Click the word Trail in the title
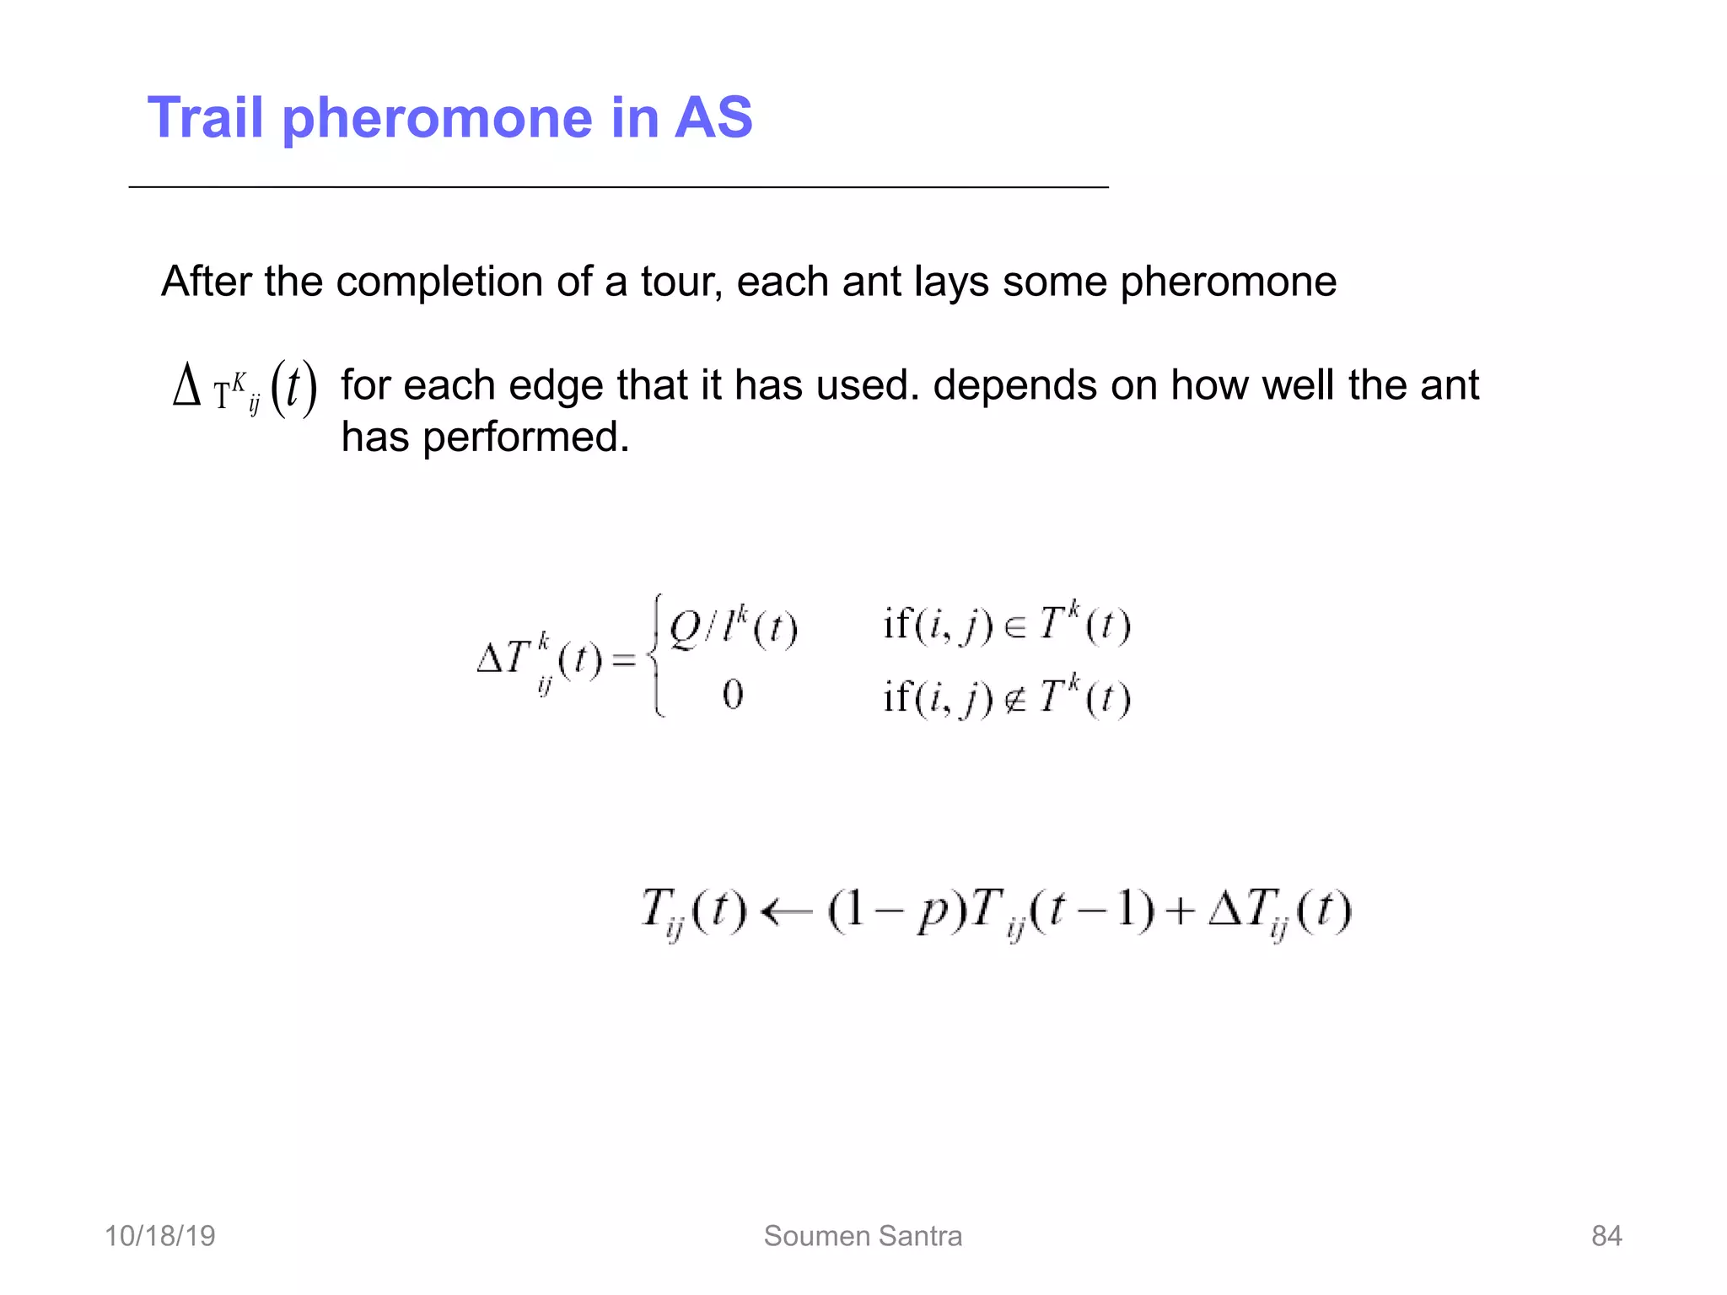[206, 117]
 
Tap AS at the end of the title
[713, 117]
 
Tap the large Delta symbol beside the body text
[186, 387]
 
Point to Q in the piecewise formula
[685, 627]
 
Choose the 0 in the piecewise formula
[732, 696]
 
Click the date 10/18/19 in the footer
[159, 1236]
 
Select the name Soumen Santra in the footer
[863, 1236]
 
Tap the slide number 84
[1606, 1236]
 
